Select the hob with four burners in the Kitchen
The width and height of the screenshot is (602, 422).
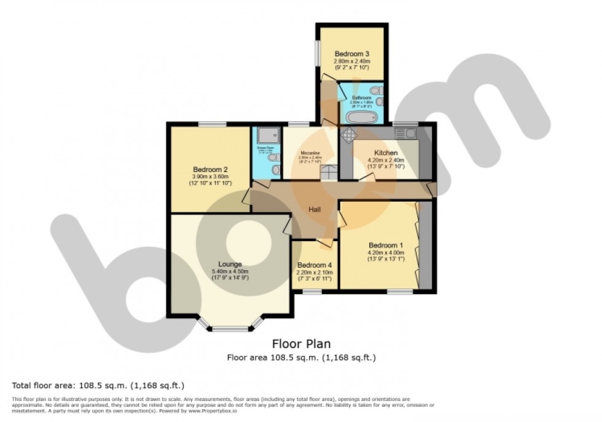348,135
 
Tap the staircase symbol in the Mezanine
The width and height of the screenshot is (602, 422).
330,173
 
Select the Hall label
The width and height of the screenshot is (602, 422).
315,210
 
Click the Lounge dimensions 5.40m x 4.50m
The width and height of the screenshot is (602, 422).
230,271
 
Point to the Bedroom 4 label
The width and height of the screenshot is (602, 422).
315,265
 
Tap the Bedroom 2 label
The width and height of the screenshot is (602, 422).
210,170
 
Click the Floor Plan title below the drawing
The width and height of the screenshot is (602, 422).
301,344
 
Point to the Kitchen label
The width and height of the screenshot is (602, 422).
386,153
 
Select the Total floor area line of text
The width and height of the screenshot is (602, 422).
98,385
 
